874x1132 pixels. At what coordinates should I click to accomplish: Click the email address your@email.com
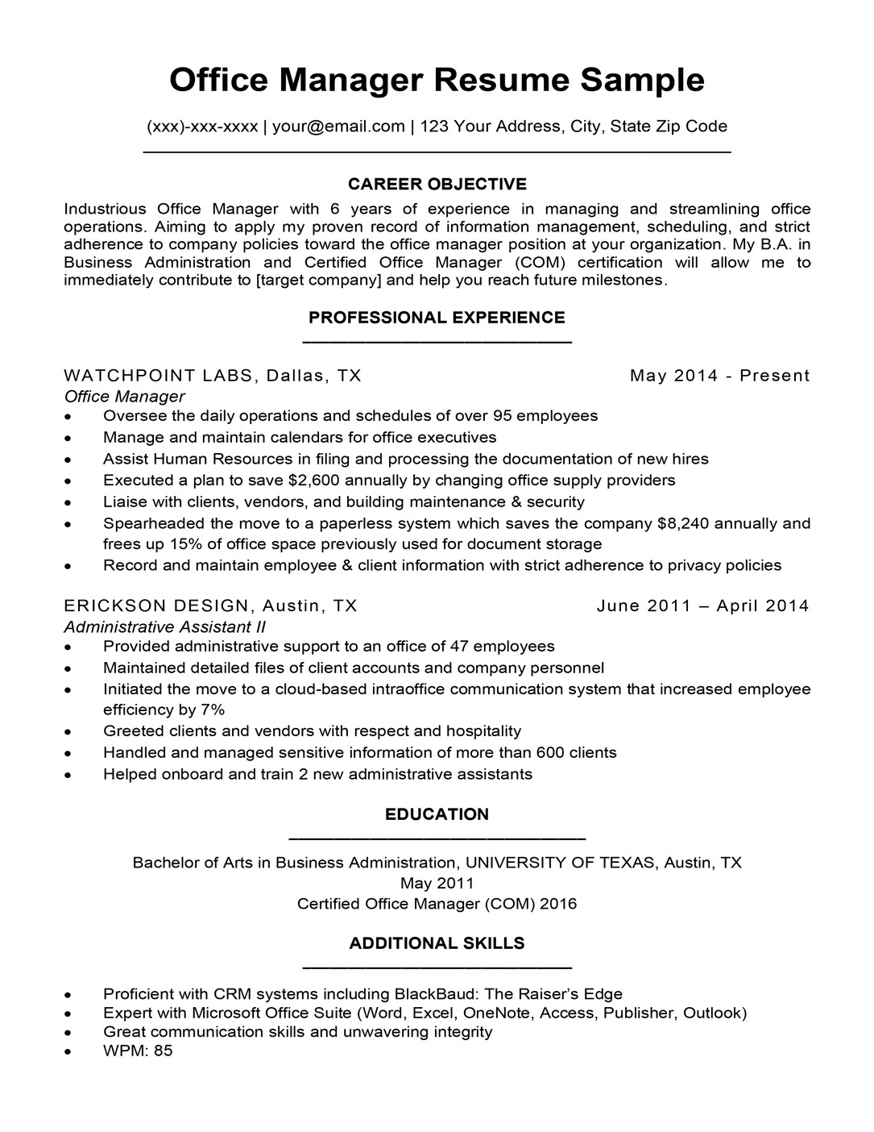point(338,126)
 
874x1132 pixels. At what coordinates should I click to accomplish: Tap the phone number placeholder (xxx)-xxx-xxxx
point(202,126)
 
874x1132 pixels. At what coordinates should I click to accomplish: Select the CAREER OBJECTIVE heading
point(437,184)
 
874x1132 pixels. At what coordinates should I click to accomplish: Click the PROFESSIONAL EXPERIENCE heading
point(437,318)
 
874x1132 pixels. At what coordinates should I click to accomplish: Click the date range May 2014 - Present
point(719,376)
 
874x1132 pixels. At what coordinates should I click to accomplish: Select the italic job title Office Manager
point(124,397)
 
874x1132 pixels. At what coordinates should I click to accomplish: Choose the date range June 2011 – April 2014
point(702,606)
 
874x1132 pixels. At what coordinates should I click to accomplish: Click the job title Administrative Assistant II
point(164,627)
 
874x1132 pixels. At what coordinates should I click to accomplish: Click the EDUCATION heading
point(437,814)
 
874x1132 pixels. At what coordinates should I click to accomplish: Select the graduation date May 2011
point(437,884)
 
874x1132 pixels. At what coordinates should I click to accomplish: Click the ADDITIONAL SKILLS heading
point(437,943)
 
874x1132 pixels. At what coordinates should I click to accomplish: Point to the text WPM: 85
point(138,1051)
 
